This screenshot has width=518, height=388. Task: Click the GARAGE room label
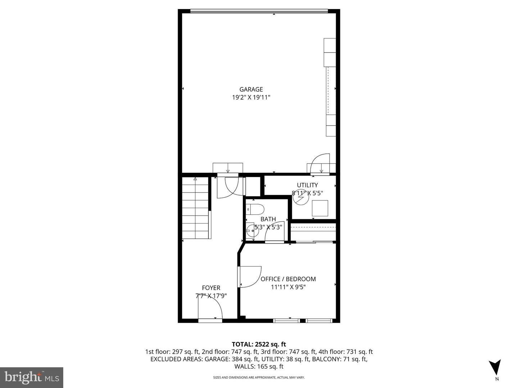[x=251, y=89]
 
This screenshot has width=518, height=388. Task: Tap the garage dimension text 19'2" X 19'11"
[x=251, y=97]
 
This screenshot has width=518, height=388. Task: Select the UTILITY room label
[x=307, y=185]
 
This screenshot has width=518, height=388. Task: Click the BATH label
[x=268, y=219]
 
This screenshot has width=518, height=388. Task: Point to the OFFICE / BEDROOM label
[x=288, y=279]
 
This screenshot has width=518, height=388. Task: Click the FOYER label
[x=211, y=288]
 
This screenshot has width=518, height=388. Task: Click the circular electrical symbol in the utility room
[x=301, y=198]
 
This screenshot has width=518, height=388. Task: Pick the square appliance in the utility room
[x=320, y=208]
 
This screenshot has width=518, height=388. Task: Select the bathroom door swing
[x=274, y=232]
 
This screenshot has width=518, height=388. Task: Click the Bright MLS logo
[x=32, y=377]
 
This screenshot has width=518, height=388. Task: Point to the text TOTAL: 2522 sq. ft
[x=259, y=345]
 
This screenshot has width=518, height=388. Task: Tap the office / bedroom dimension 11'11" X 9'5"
[x=288, y=287]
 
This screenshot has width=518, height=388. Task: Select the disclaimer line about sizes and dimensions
[x=259, y=378]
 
